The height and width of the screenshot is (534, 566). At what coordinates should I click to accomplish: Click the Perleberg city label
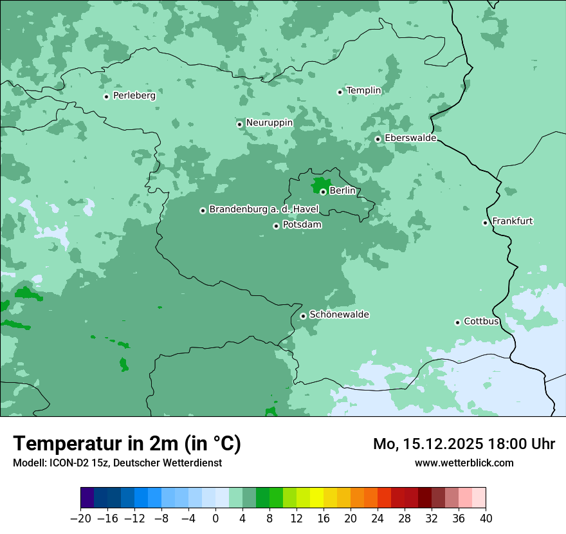[134, 96]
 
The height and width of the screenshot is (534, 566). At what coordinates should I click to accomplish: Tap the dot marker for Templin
[340, 92]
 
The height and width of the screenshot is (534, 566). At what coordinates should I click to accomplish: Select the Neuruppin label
[269, 123]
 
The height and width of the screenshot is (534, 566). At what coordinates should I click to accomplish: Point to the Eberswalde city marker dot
[378, 139]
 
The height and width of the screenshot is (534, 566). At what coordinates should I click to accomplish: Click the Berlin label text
[342, 191]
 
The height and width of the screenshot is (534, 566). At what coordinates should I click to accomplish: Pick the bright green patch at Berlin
[319, 186]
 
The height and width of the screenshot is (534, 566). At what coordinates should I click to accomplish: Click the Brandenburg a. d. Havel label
[264, 210]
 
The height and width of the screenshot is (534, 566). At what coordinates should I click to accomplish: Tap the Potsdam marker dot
[276, 226]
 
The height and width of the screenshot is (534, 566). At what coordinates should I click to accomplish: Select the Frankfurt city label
[512, 221]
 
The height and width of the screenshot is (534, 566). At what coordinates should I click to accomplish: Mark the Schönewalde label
[339, 315]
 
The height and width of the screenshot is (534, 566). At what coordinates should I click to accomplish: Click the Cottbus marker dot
[457, 322]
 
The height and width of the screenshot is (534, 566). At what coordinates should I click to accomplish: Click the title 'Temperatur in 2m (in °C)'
[127, 443]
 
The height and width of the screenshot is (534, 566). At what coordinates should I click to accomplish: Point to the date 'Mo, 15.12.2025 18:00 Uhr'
[464, 444]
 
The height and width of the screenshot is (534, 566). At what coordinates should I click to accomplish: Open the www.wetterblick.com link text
[464, 463]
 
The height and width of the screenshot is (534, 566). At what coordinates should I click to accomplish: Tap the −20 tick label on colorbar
[80, 519]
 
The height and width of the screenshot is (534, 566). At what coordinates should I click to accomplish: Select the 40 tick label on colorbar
[486, 519]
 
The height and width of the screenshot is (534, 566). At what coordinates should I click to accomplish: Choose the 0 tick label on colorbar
[215, 519]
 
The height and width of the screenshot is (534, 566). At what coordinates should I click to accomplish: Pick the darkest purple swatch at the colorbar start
[87, 498]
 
